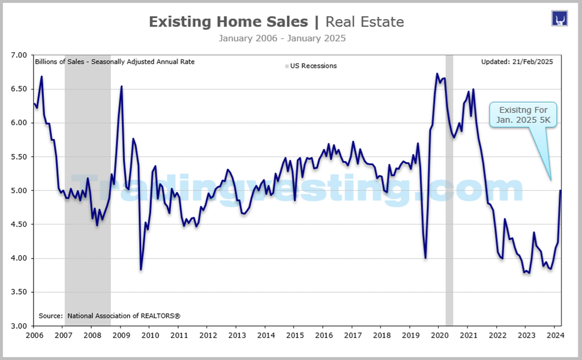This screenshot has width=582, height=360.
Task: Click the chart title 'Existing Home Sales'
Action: coord(227,22)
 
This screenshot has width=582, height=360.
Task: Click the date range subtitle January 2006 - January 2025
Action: coord(282,38)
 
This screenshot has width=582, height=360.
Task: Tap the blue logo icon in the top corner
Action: coord(559,18)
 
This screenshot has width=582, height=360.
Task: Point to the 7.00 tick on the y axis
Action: coord(20,55)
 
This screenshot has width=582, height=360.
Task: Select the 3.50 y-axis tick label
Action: coord(20,292)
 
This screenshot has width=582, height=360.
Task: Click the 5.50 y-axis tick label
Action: coord(20,157)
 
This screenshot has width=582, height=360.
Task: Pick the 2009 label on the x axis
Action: coord(121,334)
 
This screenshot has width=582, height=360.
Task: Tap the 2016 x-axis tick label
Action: coord(323,334)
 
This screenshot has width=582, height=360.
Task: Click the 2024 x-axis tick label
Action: coord(555,334)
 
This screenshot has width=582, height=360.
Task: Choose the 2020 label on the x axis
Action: coord(439,334)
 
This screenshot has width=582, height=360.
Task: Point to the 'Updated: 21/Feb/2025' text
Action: coord(517,61)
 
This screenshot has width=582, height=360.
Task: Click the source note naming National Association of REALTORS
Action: coord(110,315)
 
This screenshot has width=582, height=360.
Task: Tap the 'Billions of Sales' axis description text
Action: coord(115,61)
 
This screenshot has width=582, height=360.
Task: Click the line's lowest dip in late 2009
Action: coord(141,269)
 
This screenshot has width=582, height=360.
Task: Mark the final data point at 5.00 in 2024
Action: coord(560,190)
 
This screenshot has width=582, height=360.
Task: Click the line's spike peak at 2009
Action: coord(122,86)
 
